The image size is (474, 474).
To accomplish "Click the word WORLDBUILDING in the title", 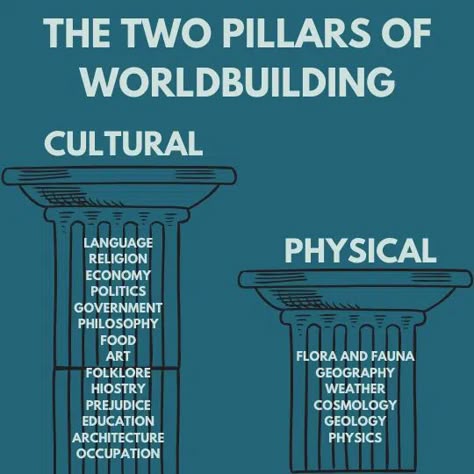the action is pos(238,82).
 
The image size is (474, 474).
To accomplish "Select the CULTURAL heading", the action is pos(124,144).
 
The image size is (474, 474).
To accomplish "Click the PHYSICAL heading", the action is pos(360,251).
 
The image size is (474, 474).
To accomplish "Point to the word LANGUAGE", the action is pos(118,243).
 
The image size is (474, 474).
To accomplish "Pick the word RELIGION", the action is pos(118,259).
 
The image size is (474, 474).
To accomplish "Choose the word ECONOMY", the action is pos(118,275).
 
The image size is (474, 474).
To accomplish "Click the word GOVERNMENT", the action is pos(118,308).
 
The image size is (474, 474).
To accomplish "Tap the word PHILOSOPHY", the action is pos(118,324).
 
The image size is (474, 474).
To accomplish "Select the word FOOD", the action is pos(118,340).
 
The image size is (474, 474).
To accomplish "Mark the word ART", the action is pos(118,356).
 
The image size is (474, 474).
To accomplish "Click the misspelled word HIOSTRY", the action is pos(118,389).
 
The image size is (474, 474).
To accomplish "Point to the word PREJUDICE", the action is pos(118,405).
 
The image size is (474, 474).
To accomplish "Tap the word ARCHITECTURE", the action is pos(118,437).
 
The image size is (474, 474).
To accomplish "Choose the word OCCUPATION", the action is pos(118,454).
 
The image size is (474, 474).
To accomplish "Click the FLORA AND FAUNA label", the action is pos(355,356).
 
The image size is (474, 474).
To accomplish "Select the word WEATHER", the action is pos(355,389).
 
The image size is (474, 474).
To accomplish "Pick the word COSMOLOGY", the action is pos(355,405).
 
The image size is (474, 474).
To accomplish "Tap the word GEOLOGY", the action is pos(355,421).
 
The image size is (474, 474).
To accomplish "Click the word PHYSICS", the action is pos(355,437).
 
